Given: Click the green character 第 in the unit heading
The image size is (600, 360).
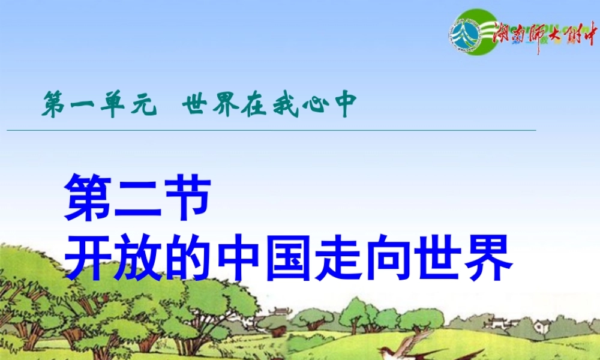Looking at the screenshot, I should (52, 106).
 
